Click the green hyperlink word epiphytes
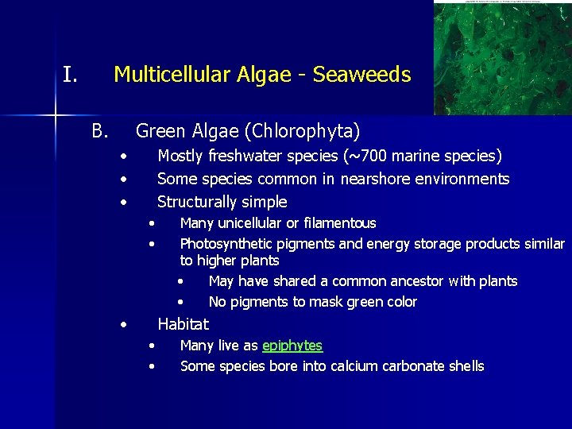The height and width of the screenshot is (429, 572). coord(292,346)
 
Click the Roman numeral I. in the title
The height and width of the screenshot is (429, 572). coord(70,75)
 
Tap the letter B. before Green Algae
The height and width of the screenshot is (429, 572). coord(99,129)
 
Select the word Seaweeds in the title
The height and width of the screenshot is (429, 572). coord(361,75)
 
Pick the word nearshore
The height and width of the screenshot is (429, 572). coord(377,179)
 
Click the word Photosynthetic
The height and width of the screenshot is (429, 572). coord(225,244)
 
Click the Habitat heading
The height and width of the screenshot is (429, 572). coord(183,324)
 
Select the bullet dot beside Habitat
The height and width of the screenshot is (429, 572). coord(124,325)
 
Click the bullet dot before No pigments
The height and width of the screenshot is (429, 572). coord(181,302)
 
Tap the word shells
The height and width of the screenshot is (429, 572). coord(466,366)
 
